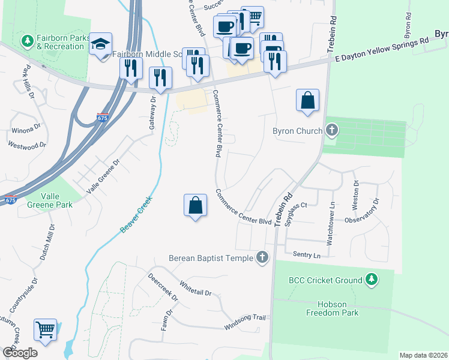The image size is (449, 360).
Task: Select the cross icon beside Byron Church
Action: click(331, 130)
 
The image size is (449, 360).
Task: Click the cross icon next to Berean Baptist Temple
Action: click(262, 258)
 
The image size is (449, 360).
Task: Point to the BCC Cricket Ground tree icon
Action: click(372, 280)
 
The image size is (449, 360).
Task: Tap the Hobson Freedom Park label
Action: click(332, 308)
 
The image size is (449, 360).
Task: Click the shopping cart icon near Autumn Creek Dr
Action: click(45, 329)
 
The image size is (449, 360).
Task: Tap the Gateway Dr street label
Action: click(153, 108)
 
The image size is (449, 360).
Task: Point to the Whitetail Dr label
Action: click(195, 289)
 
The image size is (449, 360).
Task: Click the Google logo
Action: click(20, 353)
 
